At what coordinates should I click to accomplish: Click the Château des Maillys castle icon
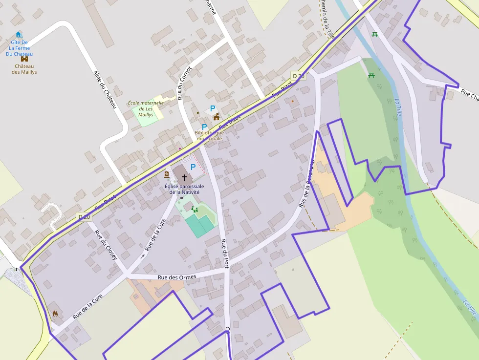[x=24, y=59]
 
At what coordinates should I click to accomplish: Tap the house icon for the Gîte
[x=19, y=35]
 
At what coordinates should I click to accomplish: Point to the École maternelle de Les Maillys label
[x=145, y=109]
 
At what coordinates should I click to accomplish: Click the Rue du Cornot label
[x=184, y=83]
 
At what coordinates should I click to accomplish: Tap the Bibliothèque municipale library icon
[x=217, y=117]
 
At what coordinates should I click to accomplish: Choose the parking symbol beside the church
[x=193, y=167]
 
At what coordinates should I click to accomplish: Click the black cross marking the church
[x=184, y=177]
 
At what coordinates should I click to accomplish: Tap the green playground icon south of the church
[x=195, y=210]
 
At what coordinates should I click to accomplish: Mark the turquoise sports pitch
[x=200, y=225]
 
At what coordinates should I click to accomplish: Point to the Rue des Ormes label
[x=177, y=277]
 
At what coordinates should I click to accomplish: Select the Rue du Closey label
[x=106, y=244]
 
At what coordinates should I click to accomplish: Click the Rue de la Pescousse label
[x=306, y=180]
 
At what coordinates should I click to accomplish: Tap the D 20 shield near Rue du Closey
[x=85, y=216]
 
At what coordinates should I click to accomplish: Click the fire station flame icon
[x=55, y=314]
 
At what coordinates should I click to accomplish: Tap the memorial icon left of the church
[x=167, y=174]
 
